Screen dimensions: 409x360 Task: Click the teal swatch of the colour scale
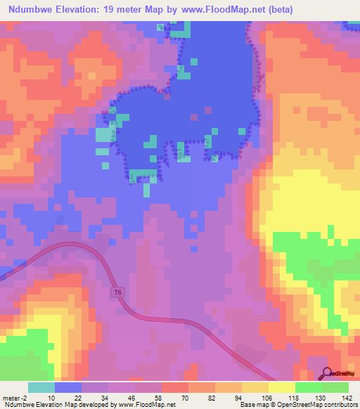coord(41,387)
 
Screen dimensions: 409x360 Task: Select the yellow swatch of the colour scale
coord(281,387)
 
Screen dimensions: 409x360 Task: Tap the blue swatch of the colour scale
coord(67,387)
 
